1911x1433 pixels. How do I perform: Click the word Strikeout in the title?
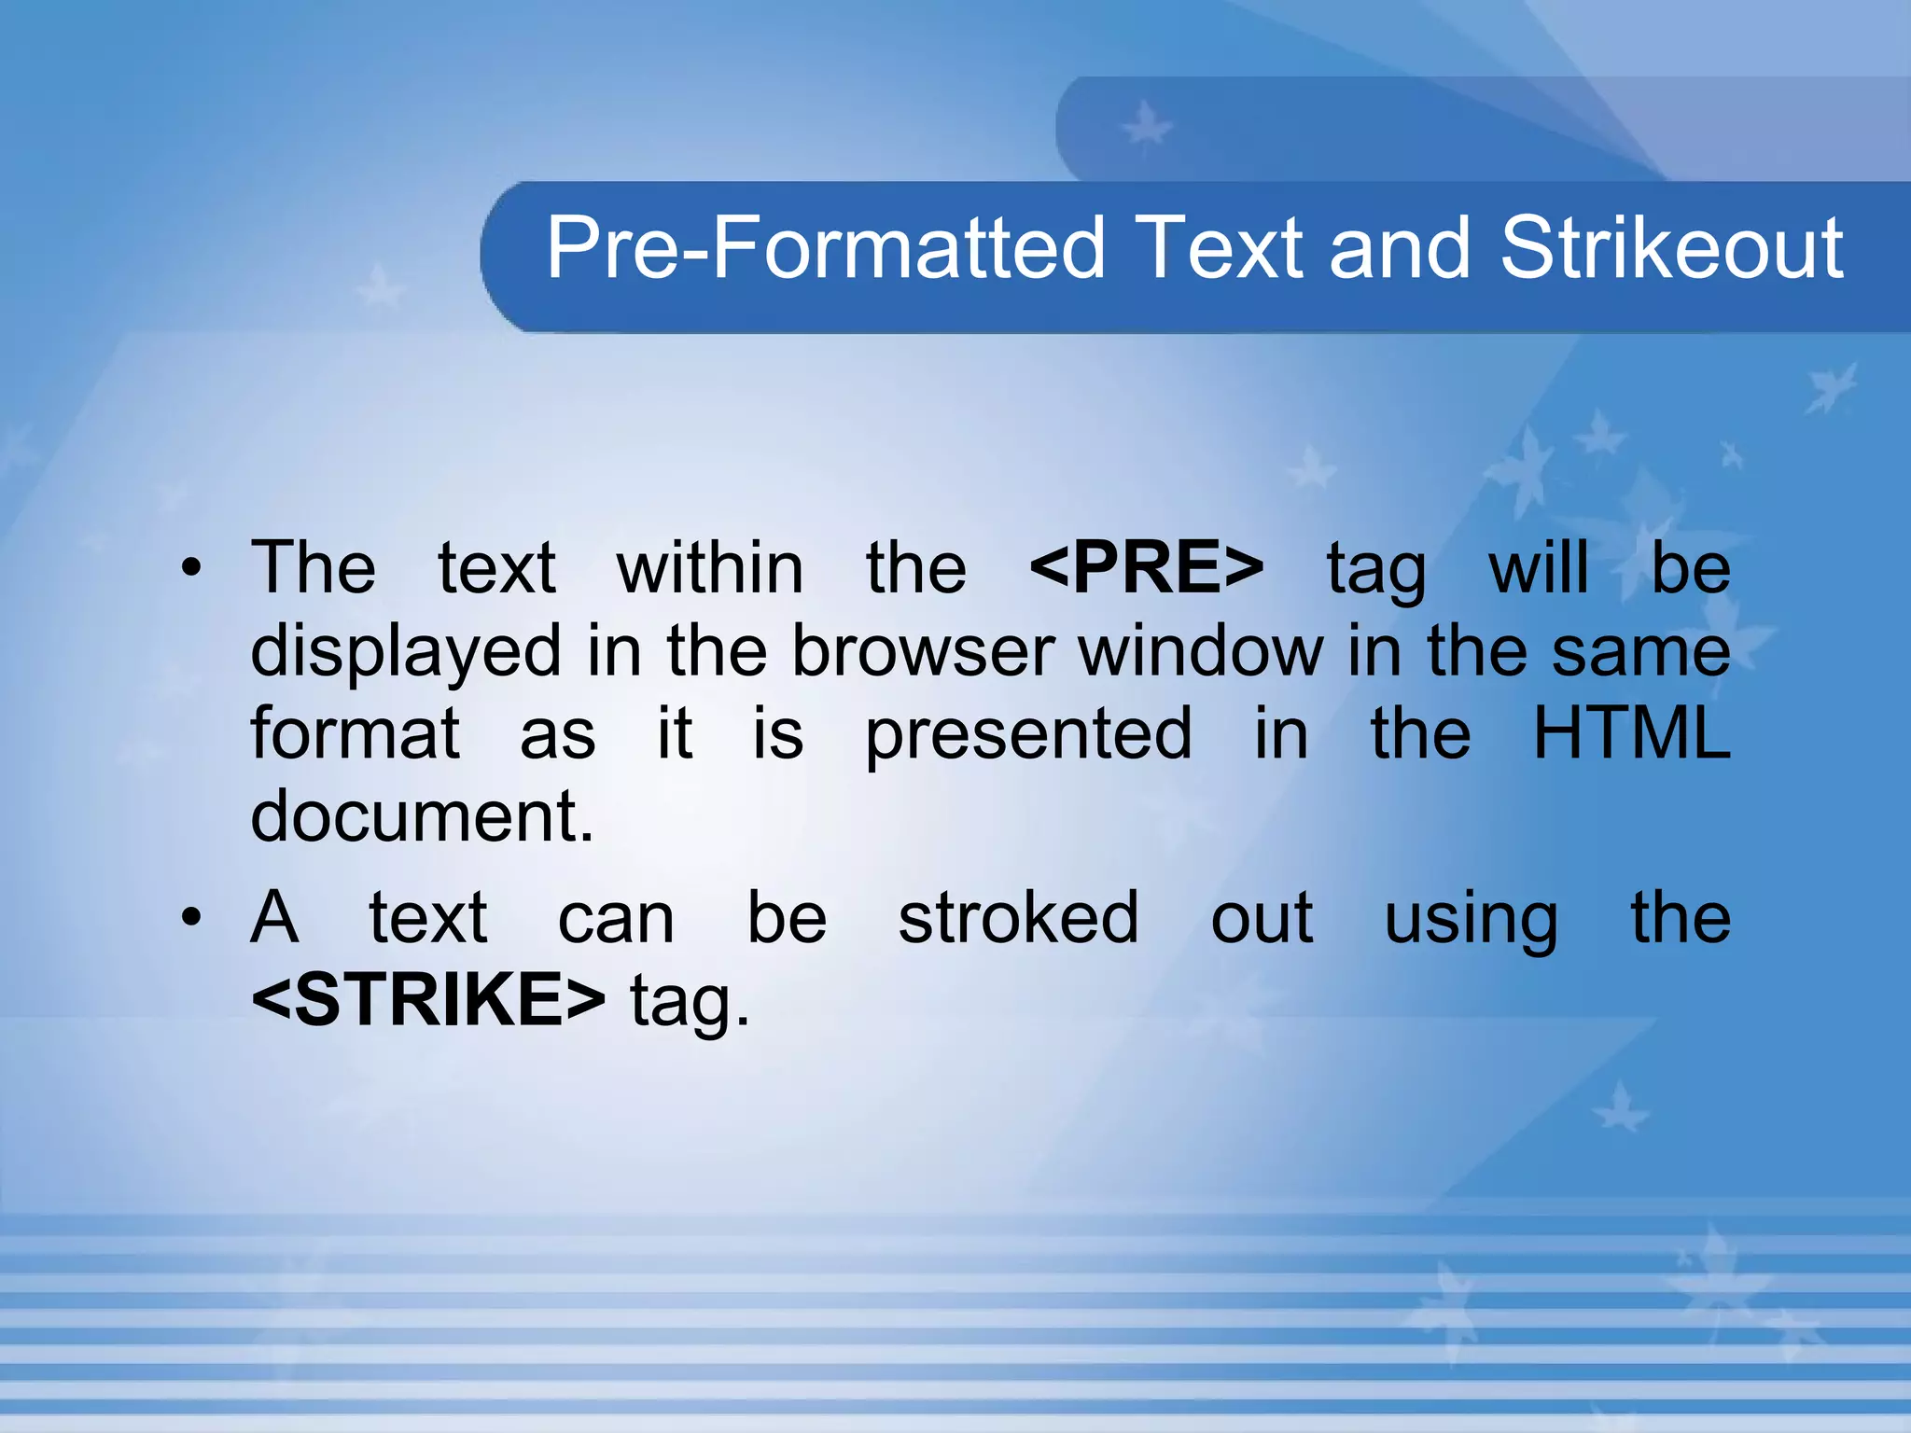[1671, 248]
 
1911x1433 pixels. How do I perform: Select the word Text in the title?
[1221, 248]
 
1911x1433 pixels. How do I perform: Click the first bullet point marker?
[191, 568]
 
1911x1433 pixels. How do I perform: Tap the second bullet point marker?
[191, 918]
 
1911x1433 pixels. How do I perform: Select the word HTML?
[1631, 733]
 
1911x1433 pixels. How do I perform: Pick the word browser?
[924, 650]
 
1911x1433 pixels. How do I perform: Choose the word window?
[1201, 650]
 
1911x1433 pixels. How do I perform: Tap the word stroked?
[1018, 918]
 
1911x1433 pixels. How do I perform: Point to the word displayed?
[406, 652]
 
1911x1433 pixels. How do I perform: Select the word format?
[355, 733]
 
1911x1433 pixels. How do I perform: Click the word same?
[1640, 652]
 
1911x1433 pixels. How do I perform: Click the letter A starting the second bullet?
[274, 918]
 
